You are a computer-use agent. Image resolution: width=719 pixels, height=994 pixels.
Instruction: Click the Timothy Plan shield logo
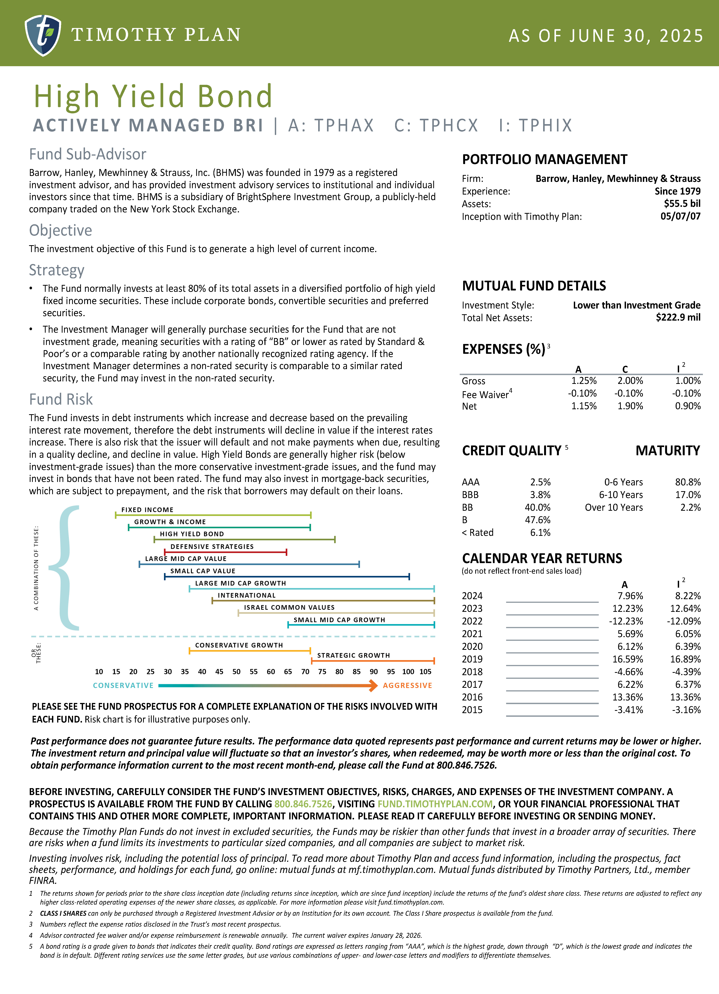43,35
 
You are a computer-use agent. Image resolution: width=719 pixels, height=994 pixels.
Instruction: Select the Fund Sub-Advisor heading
88,154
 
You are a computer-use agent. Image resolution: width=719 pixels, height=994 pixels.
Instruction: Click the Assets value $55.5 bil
682,204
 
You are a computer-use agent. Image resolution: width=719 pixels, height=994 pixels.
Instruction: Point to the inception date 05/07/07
680,216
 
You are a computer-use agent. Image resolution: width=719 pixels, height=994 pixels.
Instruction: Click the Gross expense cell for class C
630,381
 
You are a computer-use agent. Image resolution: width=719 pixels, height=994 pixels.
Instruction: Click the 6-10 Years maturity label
621,495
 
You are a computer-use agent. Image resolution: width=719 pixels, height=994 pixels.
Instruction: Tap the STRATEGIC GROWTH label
353,655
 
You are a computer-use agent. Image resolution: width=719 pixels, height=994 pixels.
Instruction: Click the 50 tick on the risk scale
236,672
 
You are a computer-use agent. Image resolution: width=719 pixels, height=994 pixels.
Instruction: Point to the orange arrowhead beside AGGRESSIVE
373,685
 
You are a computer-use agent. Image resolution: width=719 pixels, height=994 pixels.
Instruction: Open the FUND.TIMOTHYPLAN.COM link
435,804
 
